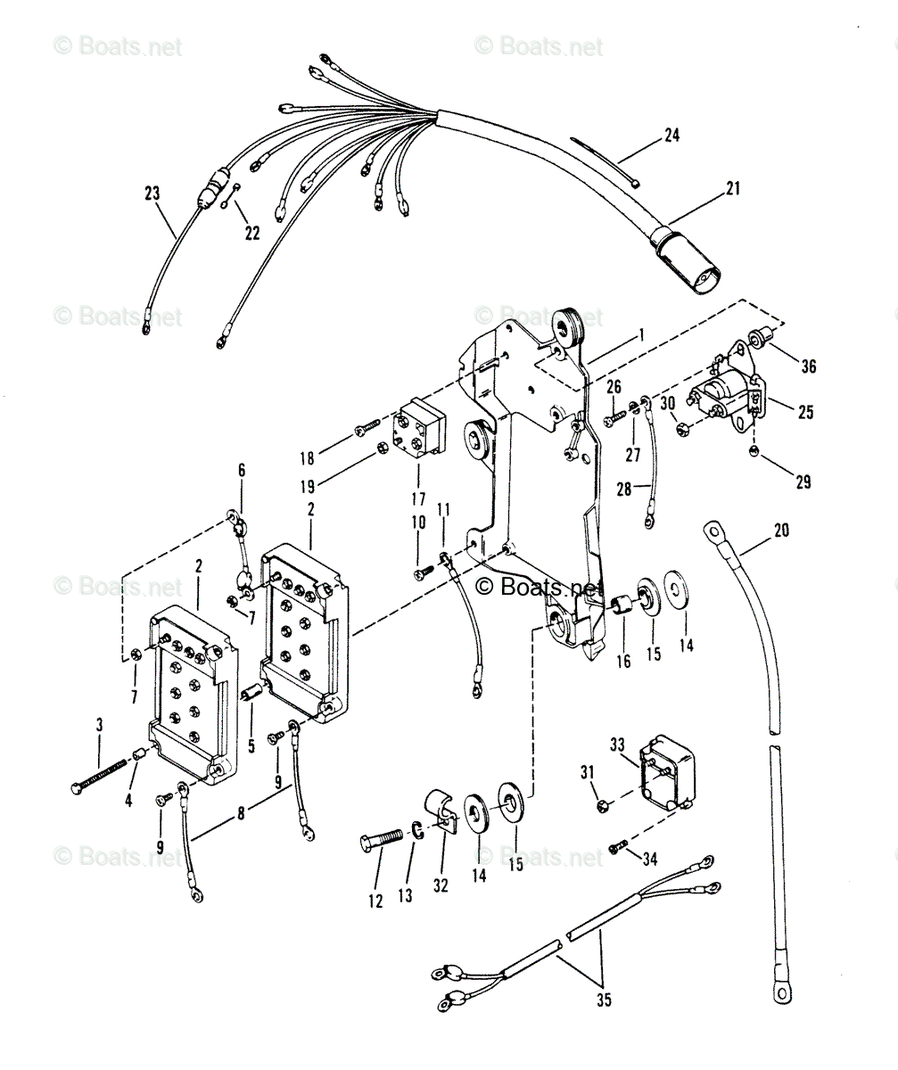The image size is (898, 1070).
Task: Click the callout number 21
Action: coord(732,188)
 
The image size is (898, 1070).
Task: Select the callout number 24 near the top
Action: coord(671,136)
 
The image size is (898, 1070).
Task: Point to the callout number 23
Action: coord(152,192)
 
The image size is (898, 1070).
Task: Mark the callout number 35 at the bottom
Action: coord(604,1000)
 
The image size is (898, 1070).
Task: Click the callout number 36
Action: coord(808,366)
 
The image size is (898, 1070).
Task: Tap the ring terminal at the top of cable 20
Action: coord(715,532)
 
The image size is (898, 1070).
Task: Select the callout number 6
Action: coord(241,470)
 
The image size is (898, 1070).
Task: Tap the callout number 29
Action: coord(803,481)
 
